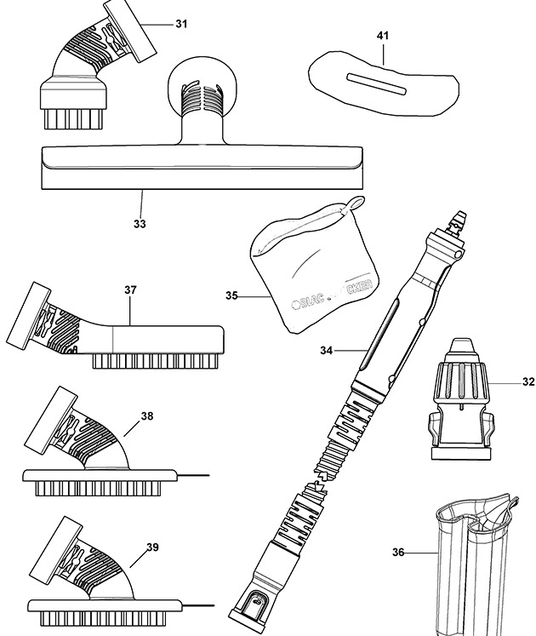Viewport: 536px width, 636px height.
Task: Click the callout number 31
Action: point(181,24)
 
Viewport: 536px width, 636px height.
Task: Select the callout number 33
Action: point(140,224)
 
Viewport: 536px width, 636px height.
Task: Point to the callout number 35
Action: point(231,296)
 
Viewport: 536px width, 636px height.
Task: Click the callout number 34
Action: point(327,350)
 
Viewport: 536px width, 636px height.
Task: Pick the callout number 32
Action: point(528,382)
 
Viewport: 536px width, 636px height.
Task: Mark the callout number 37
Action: point(130,290)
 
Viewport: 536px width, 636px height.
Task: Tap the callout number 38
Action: point(147,417)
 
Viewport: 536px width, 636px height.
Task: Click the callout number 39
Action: point(152,547)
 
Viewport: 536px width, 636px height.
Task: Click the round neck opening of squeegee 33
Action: point(202,91)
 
